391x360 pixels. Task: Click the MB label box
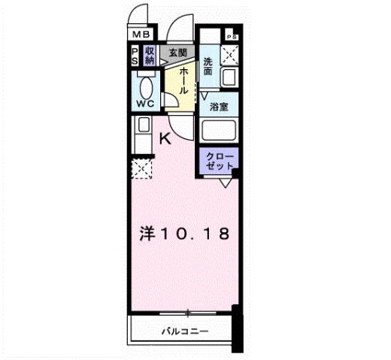click(x=142, y=35)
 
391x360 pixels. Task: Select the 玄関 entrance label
click(x=177, y=52)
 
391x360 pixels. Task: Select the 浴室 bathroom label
click(x=219, y=107)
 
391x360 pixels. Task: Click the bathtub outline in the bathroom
click(x=220, y=132)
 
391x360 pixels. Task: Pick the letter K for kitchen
click(x=165, y=138)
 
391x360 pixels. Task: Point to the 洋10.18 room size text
click(x=183, y=234)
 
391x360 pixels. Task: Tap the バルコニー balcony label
click(x=184, y=331)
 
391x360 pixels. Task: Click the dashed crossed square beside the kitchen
click(x=141, y=170)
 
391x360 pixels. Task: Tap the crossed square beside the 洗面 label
click(x=229, y=54)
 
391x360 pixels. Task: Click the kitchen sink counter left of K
click(x=142, y=135)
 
